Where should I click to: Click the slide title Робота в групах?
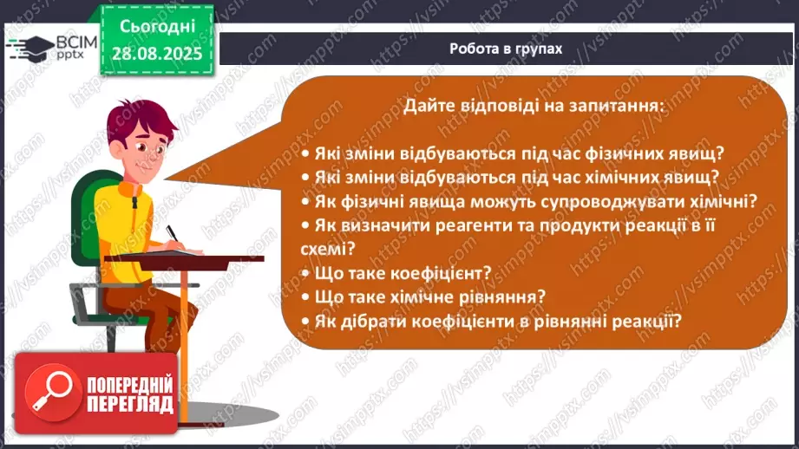(506, 49)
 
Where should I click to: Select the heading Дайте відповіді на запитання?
(534, 107)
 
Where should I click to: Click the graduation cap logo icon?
(26, 47)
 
